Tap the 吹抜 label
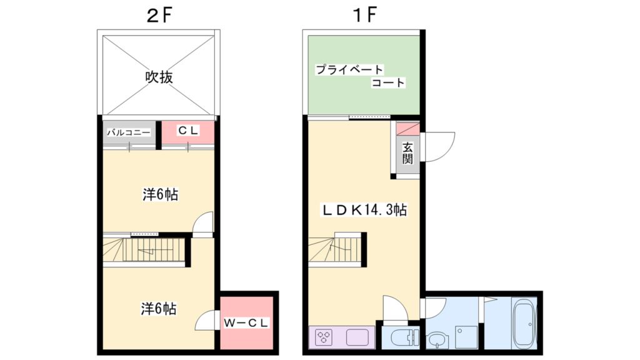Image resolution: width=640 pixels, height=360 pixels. (x=159, y=77)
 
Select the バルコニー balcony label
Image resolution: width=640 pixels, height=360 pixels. (x=128, y=132)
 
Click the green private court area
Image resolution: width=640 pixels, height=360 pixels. (x=362, y=76)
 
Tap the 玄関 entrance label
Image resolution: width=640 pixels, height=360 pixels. (x=407, y=153)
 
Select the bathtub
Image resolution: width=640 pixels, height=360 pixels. (x=523, y=322)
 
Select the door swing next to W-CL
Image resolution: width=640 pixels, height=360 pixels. (x=207, y=321)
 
